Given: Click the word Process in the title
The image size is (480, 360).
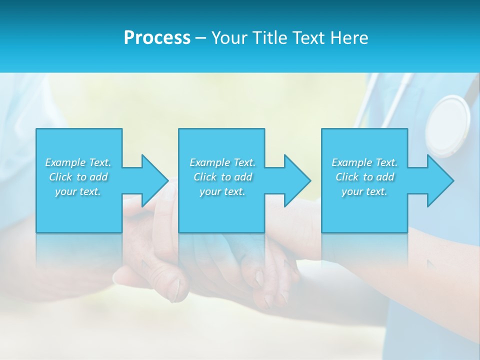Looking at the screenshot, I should click(x=157, y=38).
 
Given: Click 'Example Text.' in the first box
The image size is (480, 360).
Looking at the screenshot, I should click(x=78, y=162).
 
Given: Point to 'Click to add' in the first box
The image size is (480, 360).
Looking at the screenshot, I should click(x=78, y=177).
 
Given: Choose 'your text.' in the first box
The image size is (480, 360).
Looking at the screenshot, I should click(x=78, y=191).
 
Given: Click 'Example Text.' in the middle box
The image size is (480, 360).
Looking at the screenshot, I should click(x=222, y=162).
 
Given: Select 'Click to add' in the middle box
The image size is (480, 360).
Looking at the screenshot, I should click(x=222, y=177).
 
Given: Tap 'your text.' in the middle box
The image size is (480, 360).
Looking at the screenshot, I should click(x=222, y=191).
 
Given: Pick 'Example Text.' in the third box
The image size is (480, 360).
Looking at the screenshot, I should click(x=364, y=162).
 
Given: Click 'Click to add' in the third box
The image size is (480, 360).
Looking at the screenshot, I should click(x=364, y=177).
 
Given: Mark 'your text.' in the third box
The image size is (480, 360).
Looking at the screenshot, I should click(x=364, y=191).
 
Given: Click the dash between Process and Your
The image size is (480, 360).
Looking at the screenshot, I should click(x=200, y=38).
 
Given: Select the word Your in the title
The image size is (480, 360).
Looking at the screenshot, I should click(x=229, y=38).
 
